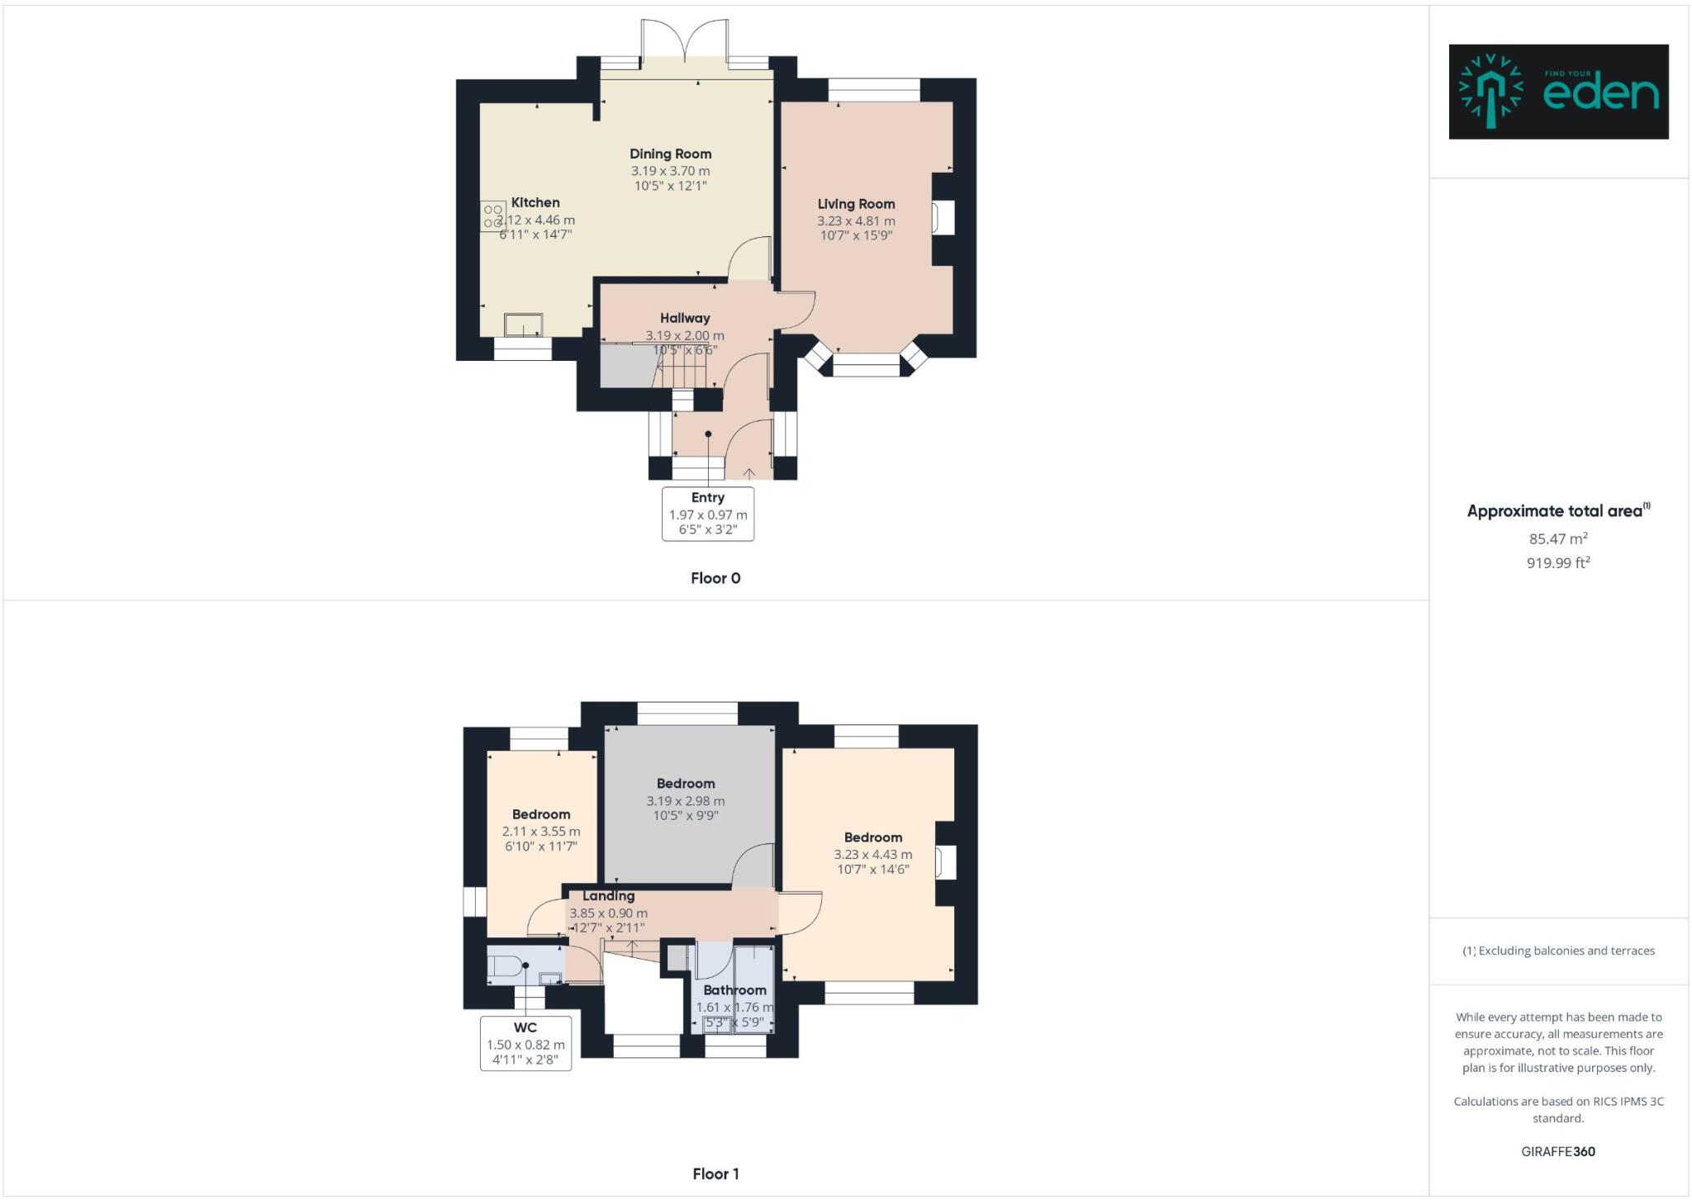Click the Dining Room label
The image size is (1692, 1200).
tap(670, 154)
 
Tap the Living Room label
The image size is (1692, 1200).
tap(856, 204)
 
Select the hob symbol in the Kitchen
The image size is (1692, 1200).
tap(493, 216)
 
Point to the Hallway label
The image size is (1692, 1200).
tap(685, 318)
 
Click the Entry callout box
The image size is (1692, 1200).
tap(708, 514)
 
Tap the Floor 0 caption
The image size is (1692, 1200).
tap(715, 578)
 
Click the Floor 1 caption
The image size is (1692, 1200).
tap(715, 1174)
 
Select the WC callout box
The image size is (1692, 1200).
tap(525, 1044)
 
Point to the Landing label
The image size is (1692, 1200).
tap(609, 896)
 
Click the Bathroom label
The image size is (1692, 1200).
tap(734, 990)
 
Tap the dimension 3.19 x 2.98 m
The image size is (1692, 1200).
tap(686, 801)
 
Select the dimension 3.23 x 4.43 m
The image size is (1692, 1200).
tap(873, 855)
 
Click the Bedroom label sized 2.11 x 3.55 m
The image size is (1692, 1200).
tap(541, 814)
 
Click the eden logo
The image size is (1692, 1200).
tap(1558, 92)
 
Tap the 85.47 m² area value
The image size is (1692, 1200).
tap(1558, 538)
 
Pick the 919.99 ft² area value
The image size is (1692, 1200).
tap(1558, 563)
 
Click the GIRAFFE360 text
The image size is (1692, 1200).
tap(1558, 1151)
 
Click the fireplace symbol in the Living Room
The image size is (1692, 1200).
tap(943, 218)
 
